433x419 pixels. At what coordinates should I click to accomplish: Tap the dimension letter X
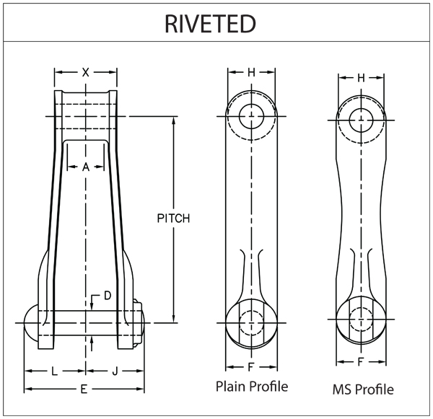(x=86, y=72)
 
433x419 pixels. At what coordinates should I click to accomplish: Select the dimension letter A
(x=86, y=167)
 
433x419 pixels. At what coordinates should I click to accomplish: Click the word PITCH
(x=173, y=219)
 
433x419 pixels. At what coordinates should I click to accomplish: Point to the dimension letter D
(x=107, y=296)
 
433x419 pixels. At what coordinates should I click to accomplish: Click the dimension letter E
(x=84, y=389)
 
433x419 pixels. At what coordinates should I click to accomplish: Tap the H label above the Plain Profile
(x=251, y=72)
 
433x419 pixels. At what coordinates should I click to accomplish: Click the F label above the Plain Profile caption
(x=250, y=366)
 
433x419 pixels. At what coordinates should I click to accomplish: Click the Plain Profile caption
(x=252, y=387)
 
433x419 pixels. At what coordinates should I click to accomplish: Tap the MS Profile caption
(x=363, y=389)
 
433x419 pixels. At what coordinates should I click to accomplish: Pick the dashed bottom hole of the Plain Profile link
(x=251, y=321)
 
